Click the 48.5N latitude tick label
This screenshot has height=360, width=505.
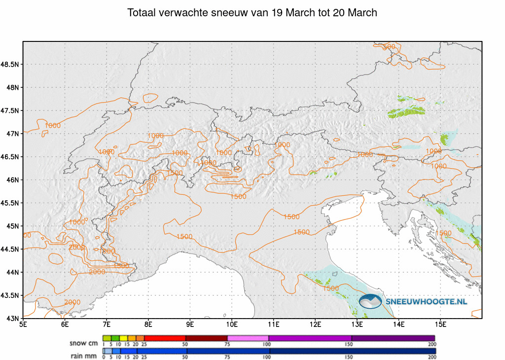coord(10,64)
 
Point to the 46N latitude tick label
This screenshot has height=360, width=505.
coord(12,180)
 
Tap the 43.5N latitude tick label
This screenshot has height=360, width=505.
coord(10,295)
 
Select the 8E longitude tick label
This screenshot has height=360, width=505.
coord(148,324)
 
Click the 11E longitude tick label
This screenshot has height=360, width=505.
coord(274,324)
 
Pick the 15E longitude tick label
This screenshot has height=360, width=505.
coord(441,324)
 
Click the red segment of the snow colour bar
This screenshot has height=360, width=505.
coord(165,338)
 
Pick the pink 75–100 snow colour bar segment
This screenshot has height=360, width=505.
coord(248,338)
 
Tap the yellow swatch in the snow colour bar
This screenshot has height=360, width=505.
coord(124,338)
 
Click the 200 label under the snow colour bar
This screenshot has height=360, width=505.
coord(432,344)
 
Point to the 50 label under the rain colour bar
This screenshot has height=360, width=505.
coord(185,357)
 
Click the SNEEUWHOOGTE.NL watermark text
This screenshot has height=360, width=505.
coord(426,301)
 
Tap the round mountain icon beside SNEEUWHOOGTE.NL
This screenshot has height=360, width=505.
coord(370,301)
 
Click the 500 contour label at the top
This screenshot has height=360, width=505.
coord(389,47)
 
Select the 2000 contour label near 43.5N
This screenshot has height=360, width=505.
coord(72,302)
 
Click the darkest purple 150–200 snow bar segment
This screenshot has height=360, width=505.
coord(393,338)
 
